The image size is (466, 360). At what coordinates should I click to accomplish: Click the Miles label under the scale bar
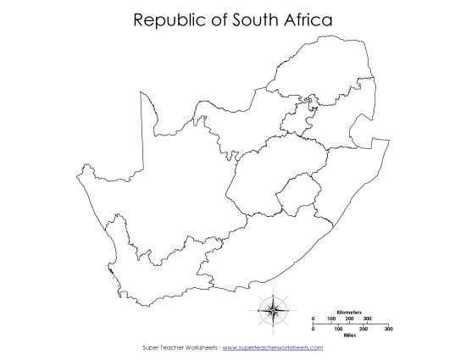349,335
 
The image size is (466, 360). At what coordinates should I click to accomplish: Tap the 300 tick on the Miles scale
388,328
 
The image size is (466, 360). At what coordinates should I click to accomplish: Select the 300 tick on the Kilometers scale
368,318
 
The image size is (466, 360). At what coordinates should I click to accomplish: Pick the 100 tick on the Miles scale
338,328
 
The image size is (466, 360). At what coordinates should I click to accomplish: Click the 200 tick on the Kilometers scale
349,318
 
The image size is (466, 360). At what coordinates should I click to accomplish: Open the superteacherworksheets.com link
272,347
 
